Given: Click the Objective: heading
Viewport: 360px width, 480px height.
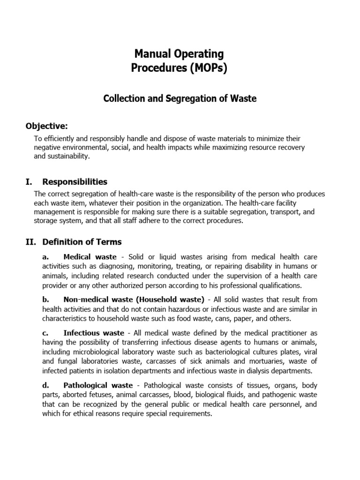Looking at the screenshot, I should click(x=46, y=126).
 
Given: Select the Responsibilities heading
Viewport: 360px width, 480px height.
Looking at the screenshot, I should click(x=75, y=181).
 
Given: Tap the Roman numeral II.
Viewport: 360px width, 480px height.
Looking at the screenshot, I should click(x=31, y=242).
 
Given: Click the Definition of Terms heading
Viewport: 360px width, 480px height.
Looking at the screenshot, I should click(x=82, y=242).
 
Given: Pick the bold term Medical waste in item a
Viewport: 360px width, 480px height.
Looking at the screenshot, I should click(x=88, y=257).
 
